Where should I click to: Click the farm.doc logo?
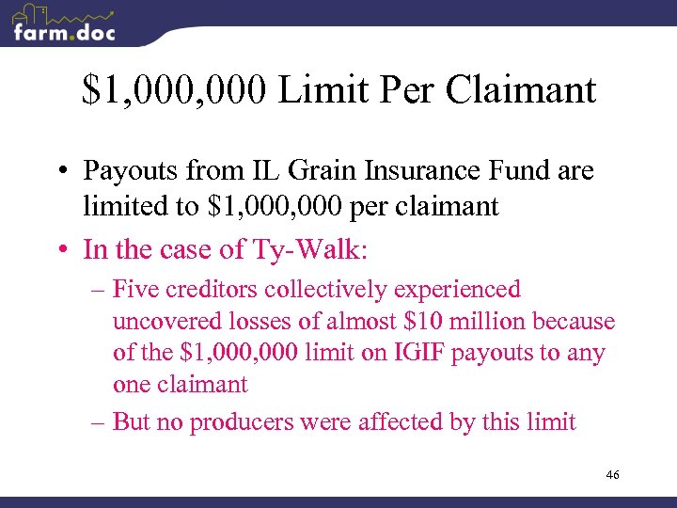click(x=64, y=25)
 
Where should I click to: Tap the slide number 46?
click(x=612, y=476)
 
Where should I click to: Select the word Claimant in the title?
click(x=521, y=90)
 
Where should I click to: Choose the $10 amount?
click(x=421, y=322)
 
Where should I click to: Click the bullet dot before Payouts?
click(x=71, y=172)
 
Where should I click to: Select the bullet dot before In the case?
click(x=71, y=250)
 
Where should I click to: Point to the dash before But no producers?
click(x=97, y=421)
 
